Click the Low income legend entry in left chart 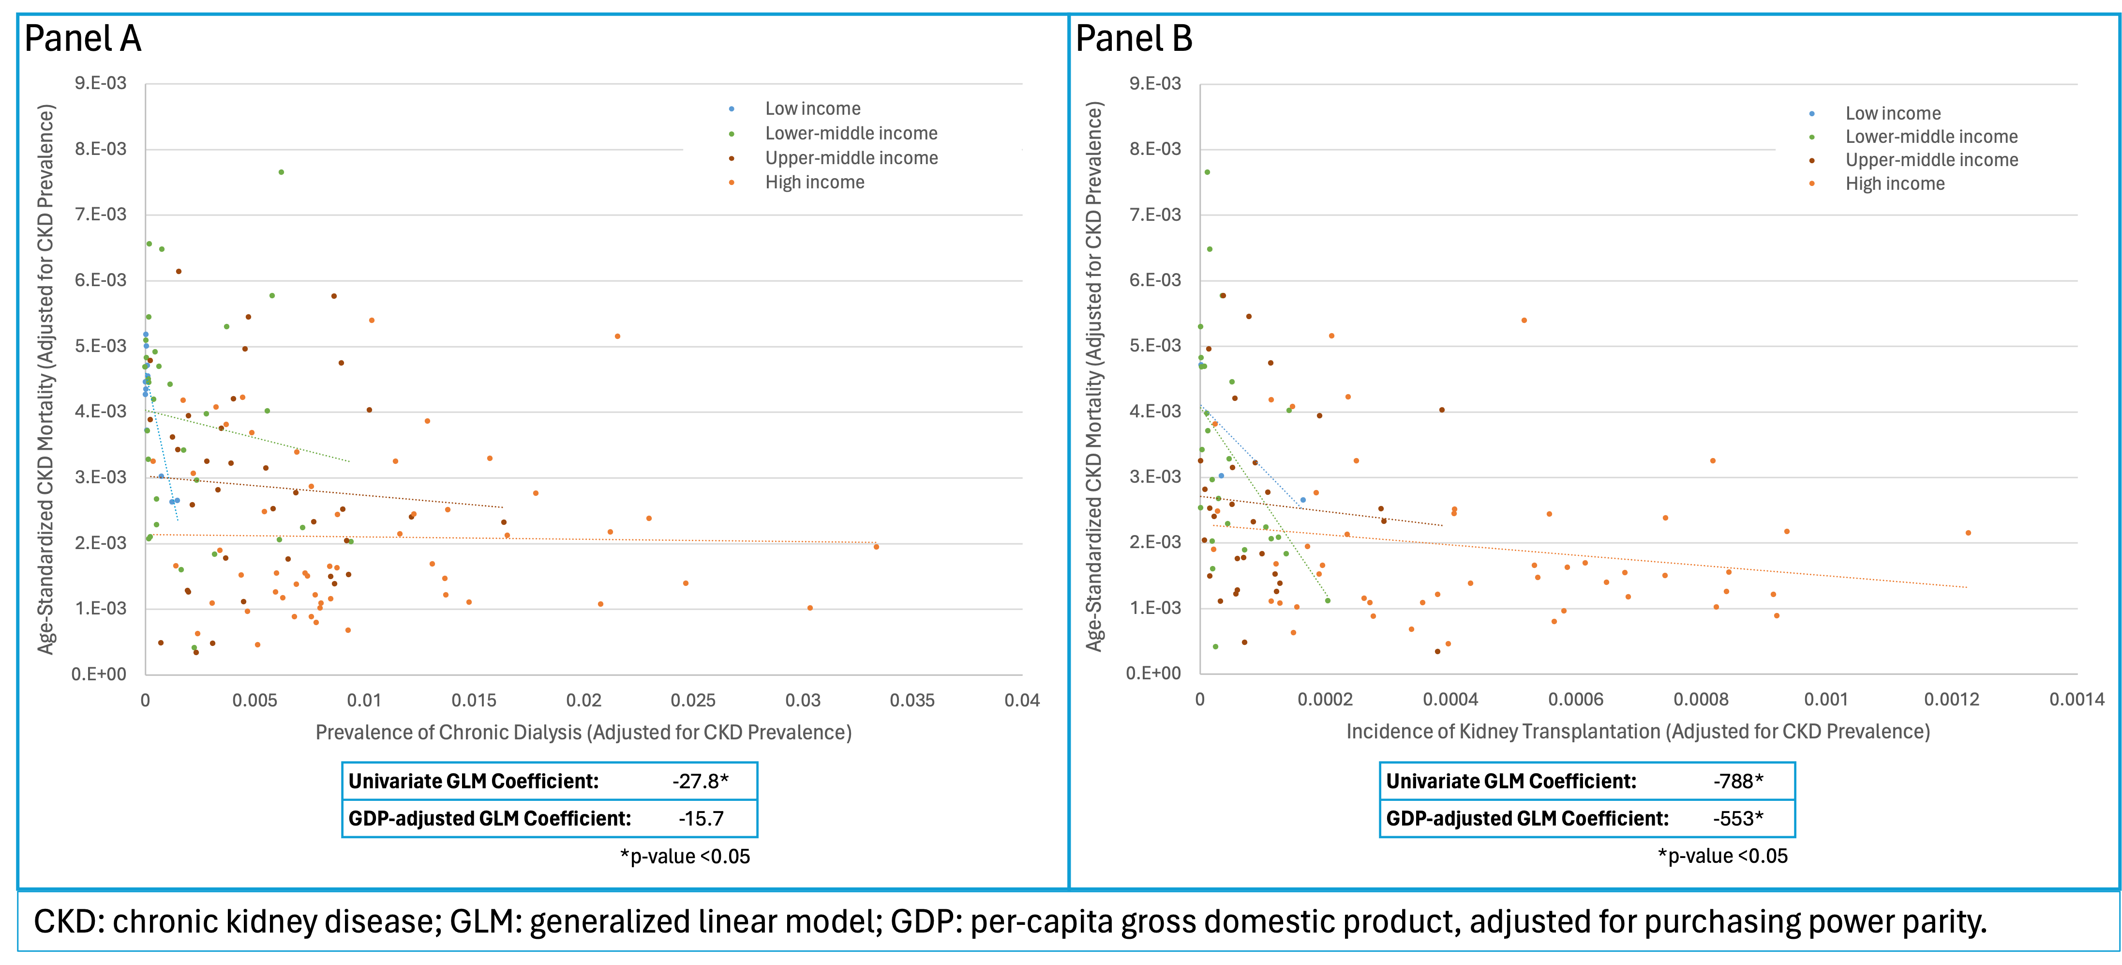tap(812, 109)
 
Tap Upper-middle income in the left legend tap(851, 158)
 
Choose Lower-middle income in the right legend tap(1931, 137)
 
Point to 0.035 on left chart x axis tap(912, 701)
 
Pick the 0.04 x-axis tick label tap(1021, 701)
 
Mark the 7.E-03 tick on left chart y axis tap(101, 214)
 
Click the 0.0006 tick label tap(1576, 700)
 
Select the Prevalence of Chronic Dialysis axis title tap(583, 733)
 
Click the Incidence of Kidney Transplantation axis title tap(1638, 732)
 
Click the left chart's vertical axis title tap(46, 379)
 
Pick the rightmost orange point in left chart tap(876, 546)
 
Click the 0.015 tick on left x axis tap(474, 701)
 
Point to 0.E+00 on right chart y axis tap(1153, 674)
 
